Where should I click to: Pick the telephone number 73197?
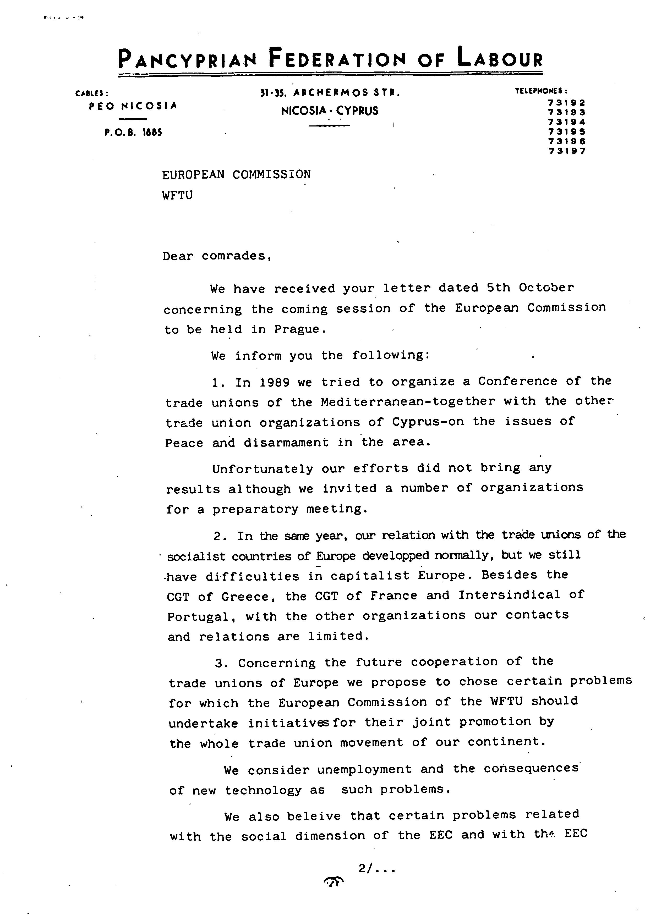[566, 151]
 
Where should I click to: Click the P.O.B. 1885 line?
[133, 132]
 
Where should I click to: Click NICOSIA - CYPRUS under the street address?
[330, 111]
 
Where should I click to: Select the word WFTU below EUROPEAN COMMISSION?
[177, 195]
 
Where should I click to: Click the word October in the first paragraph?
[546, 288]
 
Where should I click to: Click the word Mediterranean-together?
[408, 401]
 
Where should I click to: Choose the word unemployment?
[364, 769]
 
